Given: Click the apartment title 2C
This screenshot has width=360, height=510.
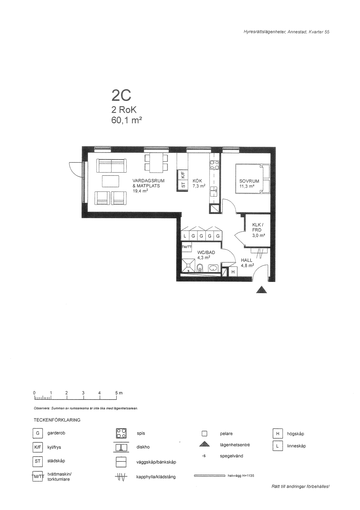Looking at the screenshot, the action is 121,95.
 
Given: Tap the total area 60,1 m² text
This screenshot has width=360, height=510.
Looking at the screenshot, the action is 127,120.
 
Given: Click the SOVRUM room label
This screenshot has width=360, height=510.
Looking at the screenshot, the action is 249,181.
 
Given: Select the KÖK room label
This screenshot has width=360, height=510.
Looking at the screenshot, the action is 197,181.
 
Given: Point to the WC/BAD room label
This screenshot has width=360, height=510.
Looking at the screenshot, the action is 206,252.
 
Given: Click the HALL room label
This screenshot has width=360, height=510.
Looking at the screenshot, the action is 247,260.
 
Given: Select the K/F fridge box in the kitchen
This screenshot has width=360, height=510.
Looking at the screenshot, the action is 183,175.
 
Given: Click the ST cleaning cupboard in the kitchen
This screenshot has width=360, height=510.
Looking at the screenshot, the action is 183,186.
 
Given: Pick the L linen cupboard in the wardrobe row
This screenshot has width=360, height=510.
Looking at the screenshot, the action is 185,236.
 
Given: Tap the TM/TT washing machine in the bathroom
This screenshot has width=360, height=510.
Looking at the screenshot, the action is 187,246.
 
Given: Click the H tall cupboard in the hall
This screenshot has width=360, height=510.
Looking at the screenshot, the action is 233,272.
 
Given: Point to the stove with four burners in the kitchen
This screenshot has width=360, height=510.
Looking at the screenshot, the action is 214,165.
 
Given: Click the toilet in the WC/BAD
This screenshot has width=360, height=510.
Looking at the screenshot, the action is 200,268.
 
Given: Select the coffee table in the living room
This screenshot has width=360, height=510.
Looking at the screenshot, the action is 111,181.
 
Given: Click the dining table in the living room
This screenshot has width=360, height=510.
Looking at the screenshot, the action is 156,163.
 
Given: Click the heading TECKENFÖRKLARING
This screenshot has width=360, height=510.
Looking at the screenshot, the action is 57,420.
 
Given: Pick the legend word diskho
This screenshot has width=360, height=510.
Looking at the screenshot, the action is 143,447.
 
